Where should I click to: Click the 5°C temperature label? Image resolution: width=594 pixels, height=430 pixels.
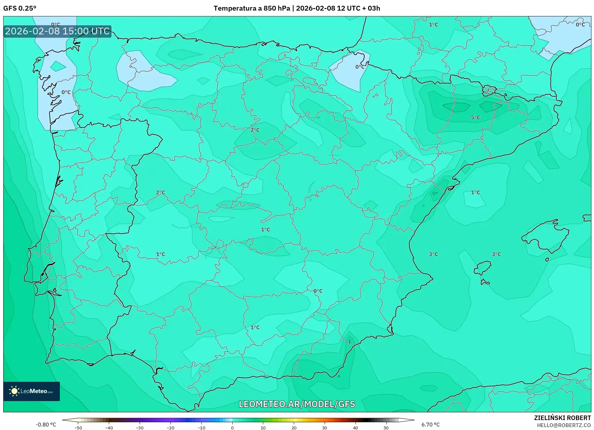[475, 118]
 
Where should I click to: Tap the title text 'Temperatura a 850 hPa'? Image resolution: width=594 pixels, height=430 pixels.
[252, 8]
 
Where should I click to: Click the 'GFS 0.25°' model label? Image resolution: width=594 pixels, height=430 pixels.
[20, 8]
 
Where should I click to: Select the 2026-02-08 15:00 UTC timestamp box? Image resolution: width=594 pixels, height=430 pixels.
[57, 31]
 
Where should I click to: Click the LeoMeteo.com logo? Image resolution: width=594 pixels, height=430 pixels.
[32, 391]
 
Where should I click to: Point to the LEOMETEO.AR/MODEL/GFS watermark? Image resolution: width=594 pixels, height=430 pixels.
[297, 404]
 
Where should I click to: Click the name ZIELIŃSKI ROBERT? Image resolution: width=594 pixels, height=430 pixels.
[562, 418]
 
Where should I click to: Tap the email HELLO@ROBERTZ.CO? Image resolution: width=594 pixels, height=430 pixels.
[563, 425]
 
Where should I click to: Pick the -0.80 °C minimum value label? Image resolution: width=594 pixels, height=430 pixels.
[46, 425]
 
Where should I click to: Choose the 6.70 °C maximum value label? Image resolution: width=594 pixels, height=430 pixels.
[431, 425]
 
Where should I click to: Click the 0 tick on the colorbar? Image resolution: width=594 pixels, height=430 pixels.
[232, 428]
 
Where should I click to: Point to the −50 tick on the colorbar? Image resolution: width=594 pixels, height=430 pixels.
[78, 428]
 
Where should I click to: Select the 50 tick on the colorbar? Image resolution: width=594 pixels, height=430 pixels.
[386, 428]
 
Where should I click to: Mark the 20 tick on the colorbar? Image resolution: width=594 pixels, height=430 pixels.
[294, 428]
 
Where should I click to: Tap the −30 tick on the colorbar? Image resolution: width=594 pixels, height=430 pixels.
[140, 428]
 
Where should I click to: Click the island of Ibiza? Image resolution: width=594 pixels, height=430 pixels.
[483, 267]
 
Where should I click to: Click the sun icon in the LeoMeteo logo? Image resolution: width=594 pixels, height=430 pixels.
[14, 391]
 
